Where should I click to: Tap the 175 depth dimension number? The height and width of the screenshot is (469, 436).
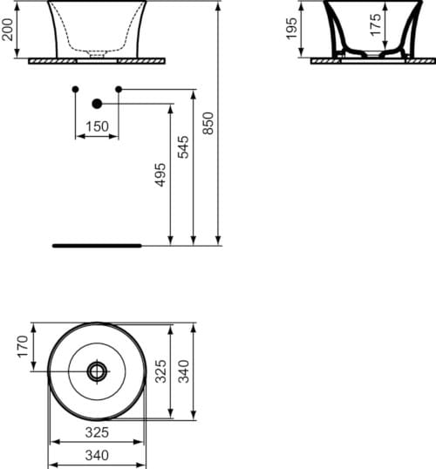tap(375, 26)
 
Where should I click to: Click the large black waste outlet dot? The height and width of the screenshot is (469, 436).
tap(97, 104)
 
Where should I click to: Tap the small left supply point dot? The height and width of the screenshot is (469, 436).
tap(75, 90)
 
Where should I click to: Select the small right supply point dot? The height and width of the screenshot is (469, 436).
tap(119, 90)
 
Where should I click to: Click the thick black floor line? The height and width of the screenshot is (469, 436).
tap(96, 246)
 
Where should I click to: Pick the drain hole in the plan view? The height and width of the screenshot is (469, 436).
tap(96, 370)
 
